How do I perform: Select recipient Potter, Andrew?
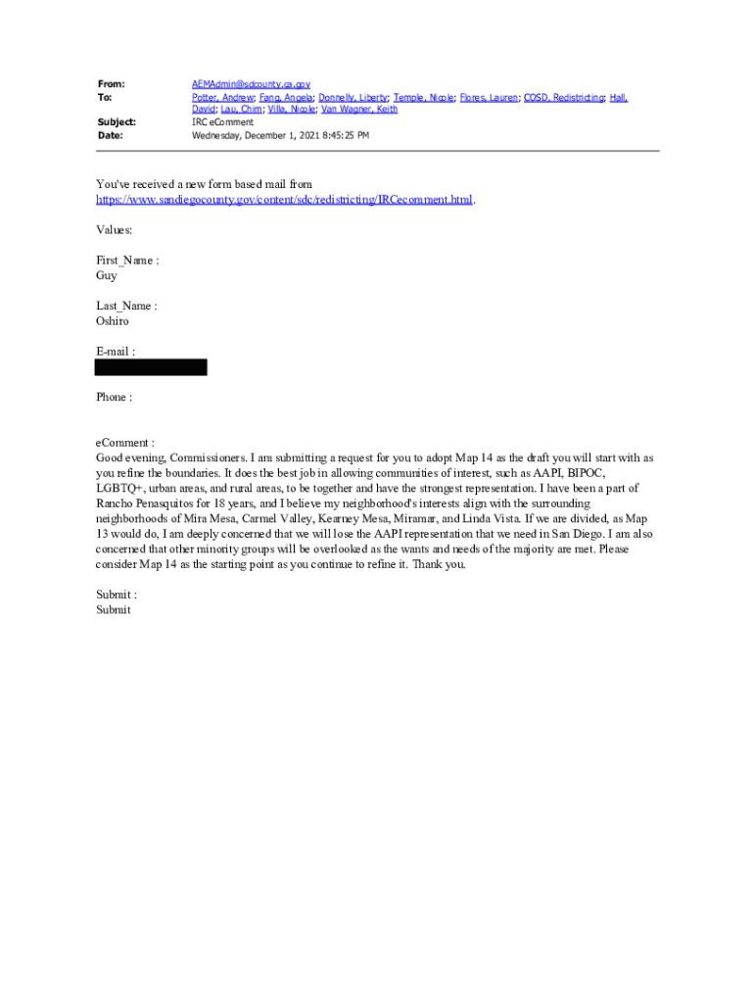(222, 98)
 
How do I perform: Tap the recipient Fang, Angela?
(286, 98)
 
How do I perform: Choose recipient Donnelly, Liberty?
(353, 98)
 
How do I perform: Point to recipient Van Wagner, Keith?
(359, 110)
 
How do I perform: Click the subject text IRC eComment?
(222, 122)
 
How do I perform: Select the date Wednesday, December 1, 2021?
(251, 135)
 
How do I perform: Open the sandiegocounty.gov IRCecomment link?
(284, 200)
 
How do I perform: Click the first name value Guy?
(106, 276)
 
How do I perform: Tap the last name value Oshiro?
(112, 321)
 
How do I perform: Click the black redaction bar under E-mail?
(151, 367)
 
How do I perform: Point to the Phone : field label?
(114, 398)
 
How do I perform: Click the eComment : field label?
(124, 443)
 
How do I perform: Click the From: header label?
(111, 85)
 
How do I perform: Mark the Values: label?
(114, 230)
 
